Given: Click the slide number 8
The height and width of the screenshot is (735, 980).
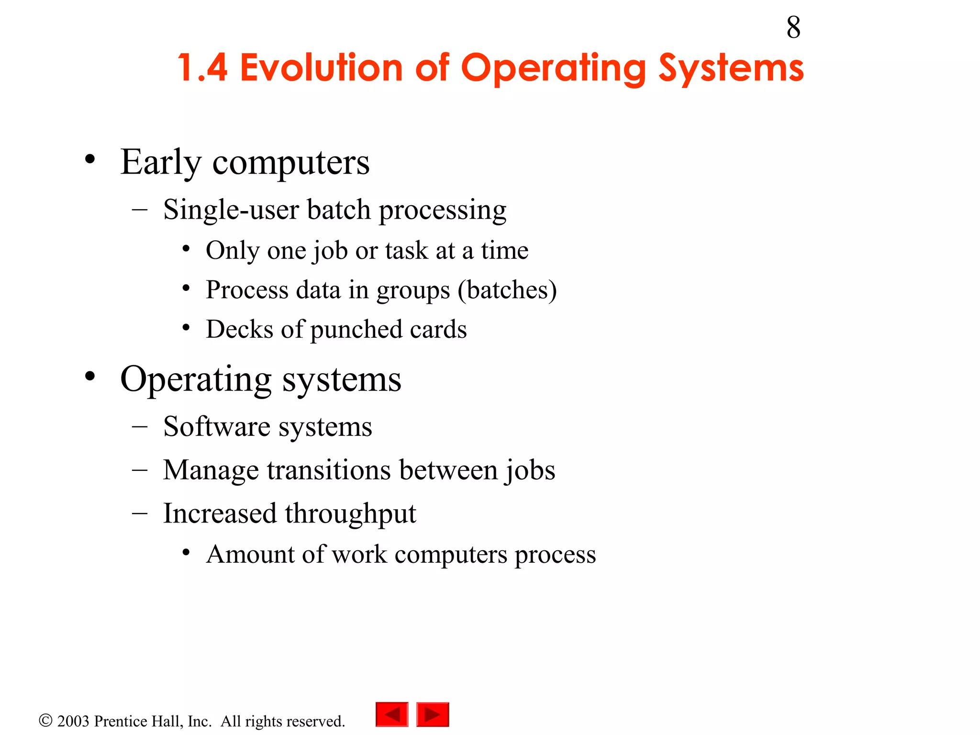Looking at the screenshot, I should tap(793, 28).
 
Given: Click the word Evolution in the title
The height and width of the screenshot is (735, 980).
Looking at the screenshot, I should tap(321, 68).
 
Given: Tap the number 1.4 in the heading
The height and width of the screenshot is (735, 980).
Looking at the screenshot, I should tap(202, 68).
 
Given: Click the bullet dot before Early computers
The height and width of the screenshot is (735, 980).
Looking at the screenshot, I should tap(90, 159).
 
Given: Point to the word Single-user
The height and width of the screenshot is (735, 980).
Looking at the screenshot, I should tap(231, 210).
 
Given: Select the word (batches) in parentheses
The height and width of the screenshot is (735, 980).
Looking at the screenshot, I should tap(507, 290).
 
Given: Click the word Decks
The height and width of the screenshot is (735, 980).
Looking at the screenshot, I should tap(240, 329).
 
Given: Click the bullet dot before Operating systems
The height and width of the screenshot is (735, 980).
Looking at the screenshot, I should tap(90, 377).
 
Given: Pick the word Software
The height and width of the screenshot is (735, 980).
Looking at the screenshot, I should tap(217, 426).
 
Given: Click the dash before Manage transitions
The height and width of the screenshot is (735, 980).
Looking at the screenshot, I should tap(140, 470).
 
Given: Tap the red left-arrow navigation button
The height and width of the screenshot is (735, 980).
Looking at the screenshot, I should tap(392, 715).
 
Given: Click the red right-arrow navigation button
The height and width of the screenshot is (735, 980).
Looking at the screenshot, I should tap(433, 715).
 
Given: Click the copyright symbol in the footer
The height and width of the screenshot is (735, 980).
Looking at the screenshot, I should tap(45, 721).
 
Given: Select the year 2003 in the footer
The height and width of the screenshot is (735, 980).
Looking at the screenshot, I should tap(73, 721).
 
